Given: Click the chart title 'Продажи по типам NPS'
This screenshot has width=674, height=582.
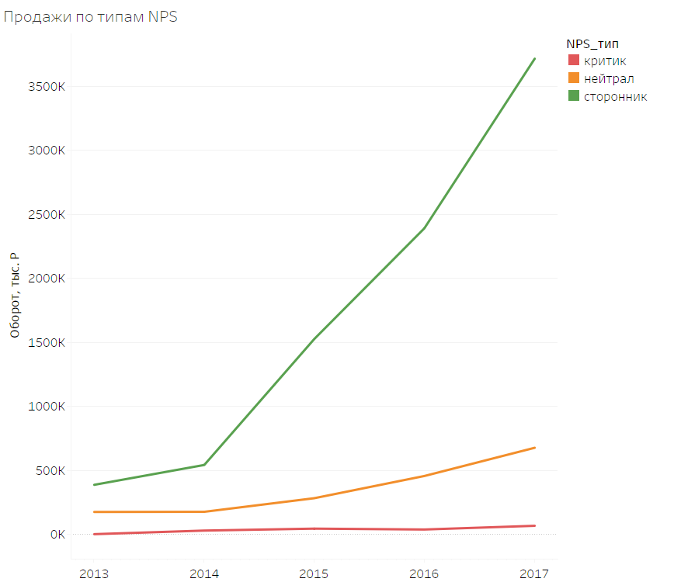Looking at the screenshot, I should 91,17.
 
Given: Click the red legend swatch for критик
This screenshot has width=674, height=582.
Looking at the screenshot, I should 573,61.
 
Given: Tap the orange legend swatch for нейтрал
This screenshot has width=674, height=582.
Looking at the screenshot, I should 573,78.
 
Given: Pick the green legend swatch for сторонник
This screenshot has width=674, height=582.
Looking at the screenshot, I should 573,96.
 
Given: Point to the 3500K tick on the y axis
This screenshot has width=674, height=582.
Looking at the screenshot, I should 47,86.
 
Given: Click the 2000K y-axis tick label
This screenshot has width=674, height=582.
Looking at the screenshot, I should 47,279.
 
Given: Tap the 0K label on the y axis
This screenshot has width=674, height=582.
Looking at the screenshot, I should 56,535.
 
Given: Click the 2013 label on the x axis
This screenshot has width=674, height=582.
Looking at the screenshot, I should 93,573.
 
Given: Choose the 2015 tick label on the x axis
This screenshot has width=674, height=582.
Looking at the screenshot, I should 314,573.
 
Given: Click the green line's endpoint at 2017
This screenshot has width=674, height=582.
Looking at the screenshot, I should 535,58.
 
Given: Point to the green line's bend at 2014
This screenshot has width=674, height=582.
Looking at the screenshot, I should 204,465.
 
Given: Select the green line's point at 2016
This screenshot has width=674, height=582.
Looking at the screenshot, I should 425,228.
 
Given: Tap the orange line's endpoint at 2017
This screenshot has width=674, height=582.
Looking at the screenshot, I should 535,448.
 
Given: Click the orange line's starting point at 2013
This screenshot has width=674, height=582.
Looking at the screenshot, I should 93,512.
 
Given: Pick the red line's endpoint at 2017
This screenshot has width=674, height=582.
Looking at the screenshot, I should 535,526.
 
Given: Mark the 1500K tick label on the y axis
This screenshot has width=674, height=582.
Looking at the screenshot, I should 47,342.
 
